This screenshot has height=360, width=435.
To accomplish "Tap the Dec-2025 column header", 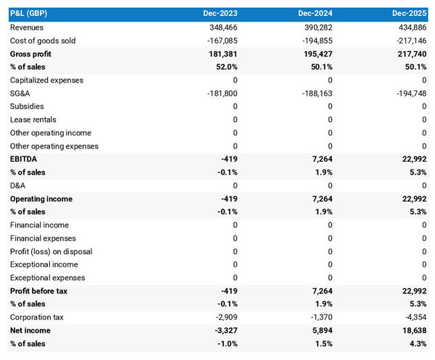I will (410, 14).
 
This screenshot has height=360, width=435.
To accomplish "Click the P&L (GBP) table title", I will (30, 14).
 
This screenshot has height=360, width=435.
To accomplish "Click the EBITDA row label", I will (24, 159).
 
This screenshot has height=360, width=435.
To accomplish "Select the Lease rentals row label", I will (33, 120).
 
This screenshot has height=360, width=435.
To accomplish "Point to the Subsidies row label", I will (27, 106).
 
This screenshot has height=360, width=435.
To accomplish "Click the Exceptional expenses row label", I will (47, 277).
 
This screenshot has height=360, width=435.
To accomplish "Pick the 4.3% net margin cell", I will (417, 343).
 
